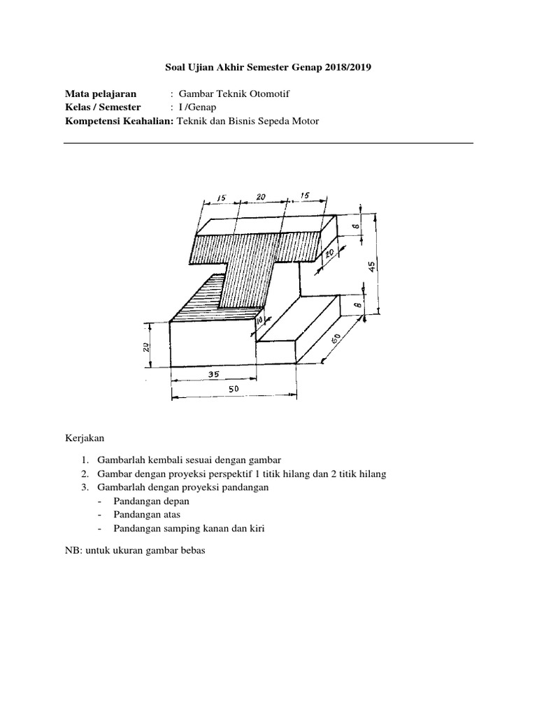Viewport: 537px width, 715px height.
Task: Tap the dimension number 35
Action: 213,374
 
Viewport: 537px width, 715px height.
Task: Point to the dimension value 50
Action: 234,390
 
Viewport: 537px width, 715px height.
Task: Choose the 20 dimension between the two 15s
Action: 261,198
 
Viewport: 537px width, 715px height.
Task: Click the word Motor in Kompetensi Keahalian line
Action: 304,121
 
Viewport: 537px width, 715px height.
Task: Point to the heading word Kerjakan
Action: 84,438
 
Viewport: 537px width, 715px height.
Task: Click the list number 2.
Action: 83,473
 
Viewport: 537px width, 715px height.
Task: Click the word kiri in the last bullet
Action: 257,529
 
